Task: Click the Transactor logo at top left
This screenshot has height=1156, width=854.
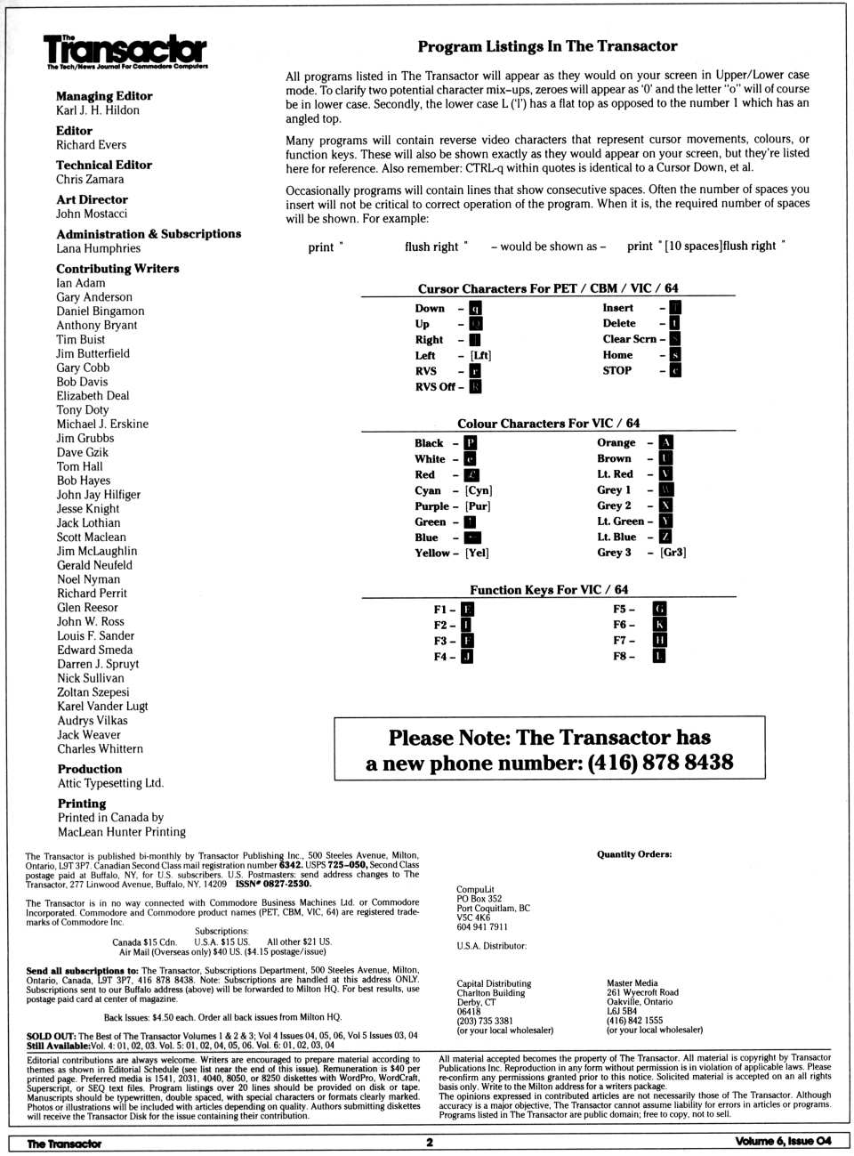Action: pyautogui.click(x=125, y=52)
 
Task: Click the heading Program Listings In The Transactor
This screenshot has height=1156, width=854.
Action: pyautogui.click(x=547, y=46)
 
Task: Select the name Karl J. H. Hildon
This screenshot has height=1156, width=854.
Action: pyautogui.click(x=98, y=110)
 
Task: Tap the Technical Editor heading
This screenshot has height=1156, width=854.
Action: pyautogui.click(x=104, y=165)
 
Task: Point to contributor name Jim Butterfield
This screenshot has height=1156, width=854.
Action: pyautogui.click(x=93, y=353)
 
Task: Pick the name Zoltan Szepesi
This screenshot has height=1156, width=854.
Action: pyautogui.click(x=93, y=692)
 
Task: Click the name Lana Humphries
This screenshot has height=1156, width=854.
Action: pyautogui.click(x=99, y=248)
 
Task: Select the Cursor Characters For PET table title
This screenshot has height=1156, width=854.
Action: pyautogui.click(x=548, y=288)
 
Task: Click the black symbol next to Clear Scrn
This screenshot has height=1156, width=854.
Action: pyautogui.click(x=675, y=339)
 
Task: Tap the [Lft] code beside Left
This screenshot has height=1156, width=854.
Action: pyautogui.click(x=480, y=355)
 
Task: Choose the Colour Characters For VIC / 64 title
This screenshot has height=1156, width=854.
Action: pyautogui.click(x=548, y=424)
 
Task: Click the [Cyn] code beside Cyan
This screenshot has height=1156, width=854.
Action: pyautogui.click(x=479, y=490)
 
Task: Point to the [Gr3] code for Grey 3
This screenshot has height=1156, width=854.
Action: pyautogui.click(x=673, y=553)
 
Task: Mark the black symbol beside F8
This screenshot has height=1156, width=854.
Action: pyautogui.click(x=659, y=656)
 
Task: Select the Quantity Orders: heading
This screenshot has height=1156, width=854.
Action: pyautogui.click(x=634, y=854)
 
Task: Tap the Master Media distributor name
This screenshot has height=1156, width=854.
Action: pyautogui.click(x=632, y=982)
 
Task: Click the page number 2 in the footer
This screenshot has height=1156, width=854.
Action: pyautogui.click(x=429, y=1143)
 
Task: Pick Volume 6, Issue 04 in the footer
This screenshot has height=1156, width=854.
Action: pyautogui.click(x=783, y=1142)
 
